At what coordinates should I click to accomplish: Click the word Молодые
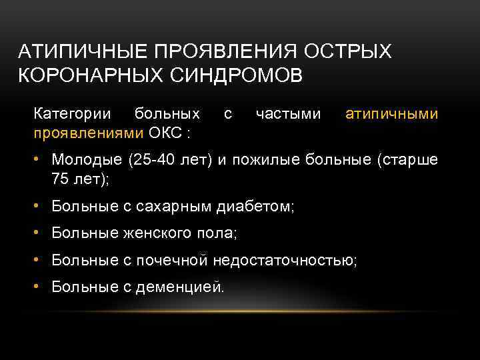[85, 160]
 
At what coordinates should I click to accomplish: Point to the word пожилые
[265, 160]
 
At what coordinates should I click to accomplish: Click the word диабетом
[256, 207]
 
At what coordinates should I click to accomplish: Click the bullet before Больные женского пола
[39, 234]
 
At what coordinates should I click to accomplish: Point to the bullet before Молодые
[39, 160]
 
